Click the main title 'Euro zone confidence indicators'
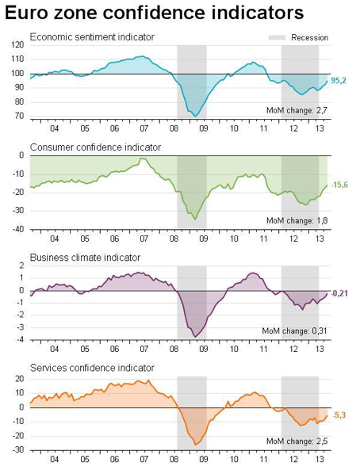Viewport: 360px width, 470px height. [x=154, y=13]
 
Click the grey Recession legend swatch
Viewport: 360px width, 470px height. [x=277, y=38]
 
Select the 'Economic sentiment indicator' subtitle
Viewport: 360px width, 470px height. [x=92, y=37]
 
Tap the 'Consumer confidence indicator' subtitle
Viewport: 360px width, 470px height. [x=95, y=147]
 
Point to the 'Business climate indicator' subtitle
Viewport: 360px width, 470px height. [x=85, y=258]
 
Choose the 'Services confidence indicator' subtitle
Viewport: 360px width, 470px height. [x=92, y=368]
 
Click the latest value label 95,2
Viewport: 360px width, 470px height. [x=339, y=81]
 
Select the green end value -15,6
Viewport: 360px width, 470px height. [x=339, y=185]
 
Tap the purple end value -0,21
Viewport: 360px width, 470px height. [x=339, y=293]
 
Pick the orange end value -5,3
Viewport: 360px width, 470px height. [x=339, y=415]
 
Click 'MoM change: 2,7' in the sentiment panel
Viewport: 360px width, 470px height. [x=297, y=110]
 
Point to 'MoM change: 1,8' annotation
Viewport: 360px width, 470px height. [x=297, y=220]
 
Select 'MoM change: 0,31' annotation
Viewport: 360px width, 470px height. [x=294, y=331]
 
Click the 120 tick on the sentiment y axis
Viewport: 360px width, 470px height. [x=17, y=45]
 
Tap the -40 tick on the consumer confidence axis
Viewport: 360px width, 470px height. [x=17, y=229]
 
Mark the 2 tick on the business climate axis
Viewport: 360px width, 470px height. [x=21, y=266]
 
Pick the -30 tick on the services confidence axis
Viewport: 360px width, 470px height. [x=17, y=449]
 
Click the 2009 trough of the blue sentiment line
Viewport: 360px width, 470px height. [x=196, y=117]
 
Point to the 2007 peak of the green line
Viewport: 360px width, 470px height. [x=142, y=159]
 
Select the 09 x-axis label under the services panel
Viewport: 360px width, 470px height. [x=204, y=459]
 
